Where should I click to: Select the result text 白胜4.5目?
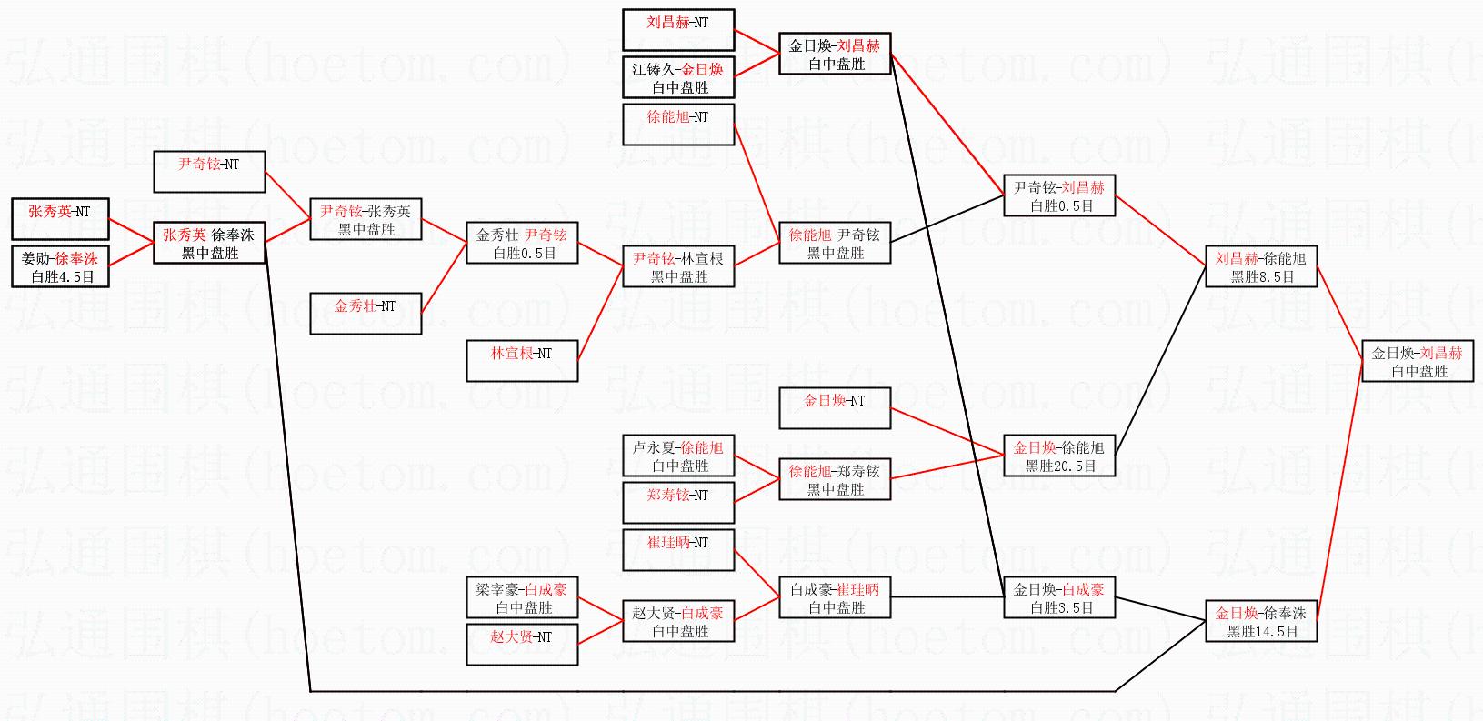(x=63, y=277)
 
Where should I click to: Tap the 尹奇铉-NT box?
(x=209, y=172)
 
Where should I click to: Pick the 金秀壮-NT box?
(x=366, y=314)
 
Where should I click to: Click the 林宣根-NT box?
(x=522, y=361)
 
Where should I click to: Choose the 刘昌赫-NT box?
(x=678, y=30)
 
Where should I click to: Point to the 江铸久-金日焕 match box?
(x=678, y=77)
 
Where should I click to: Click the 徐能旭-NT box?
(x=678, y=125)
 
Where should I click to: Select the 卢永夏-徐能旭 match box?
(x=678, y=456)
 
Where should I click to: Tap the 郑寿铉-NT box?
(x=678, y=503)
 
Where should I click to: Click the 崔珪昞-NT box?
(x=678, y=550)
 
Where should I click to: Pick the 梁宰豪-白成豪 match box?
(x=522, y=597)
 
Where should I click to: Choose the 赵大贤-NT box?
(x=522, y=645)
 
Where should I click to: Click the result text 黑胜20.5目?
(x=1060, y=466)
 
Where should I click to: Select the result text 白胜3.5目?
(x=1060, y=608)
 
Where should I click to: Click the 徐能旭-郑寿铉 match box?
(x=835, y=479)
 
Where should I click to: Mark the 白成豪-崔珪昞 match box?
(x=835, y=597)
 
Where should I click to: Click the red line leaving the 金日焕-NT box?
(x=946, y=433)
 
